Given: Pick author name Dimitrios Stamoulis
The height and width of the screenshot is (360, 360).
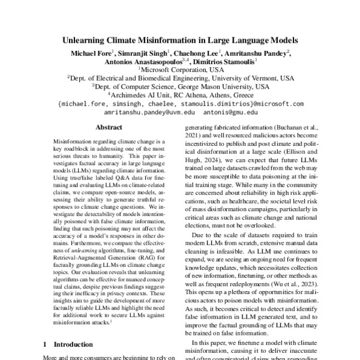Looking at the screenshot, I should point(226,61).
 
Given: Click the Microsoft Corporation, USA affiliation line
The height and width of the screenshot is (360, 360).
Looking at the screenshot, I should point(181,69).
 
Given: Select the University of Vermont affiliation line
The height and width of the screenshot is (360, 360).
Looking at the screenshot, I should point(181,77).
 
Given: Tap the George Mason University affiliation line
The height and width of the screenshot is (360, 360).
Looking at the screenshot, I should point(181,86).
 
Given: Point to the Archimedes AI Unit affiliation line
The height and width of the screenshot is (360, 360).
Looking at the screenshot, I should point(181,94).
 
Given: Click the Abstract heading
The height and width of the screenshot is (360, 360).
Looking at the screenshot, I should point(109,127).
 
